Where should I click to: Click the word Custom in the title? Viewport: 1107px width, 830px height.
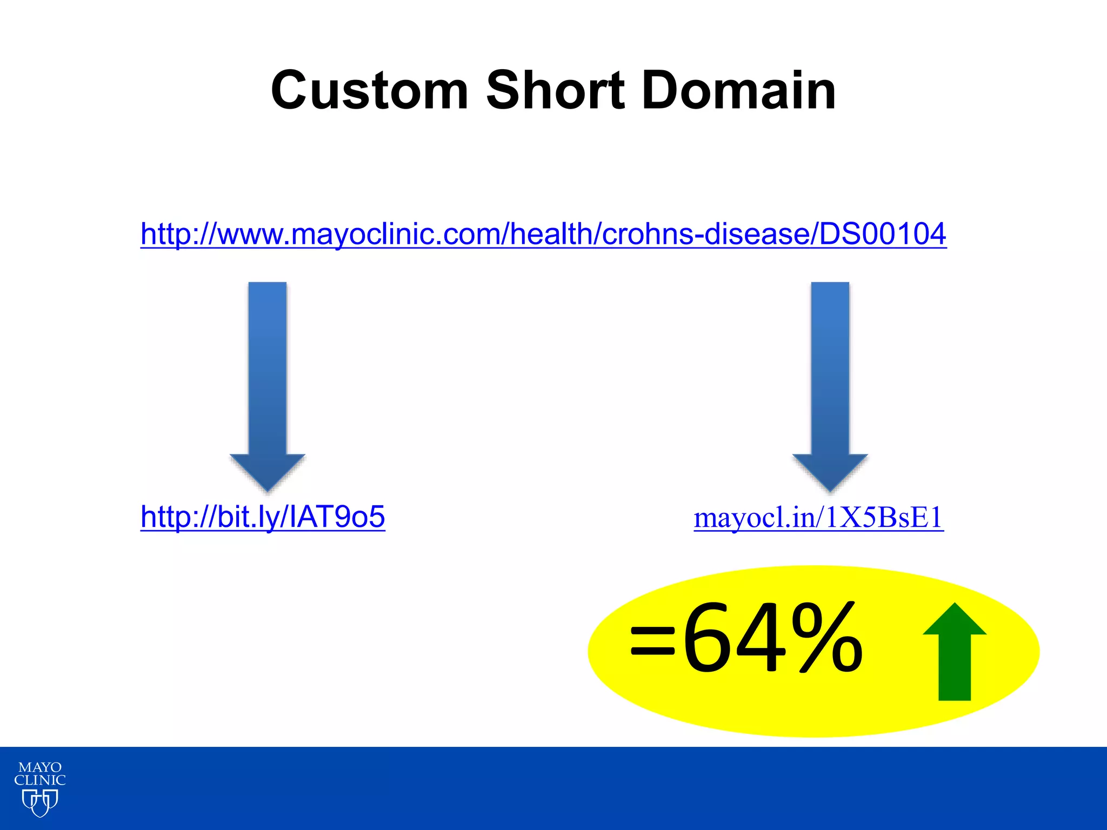(369, 91)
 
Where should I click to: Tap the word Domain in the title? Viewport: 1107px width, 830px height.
(739, 91)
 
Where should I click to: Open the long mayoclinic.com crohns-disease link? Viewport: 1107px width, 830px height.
(543, 234)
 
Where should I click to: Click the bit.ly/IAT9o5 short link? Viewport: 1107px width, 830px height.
(263, 517)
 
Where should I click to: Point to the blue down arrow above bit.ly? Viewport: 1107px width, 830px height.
(268, 378)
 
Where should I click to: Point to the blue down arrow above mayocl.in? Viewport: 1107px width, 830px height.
(830, 378)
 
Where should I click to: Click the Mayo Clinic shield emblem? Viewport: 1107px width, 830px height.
(40, 803)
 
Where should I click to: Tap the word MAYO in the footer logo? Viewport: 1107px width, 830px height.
(40, 767)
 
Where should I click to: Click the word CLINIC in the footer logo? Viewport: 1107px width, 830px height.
(40, 780)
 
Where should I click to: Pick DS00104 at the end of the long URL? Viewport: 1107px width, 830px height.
(883, 234)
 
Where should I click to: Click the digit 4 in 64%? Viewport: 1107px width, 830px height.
(761, 639)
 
